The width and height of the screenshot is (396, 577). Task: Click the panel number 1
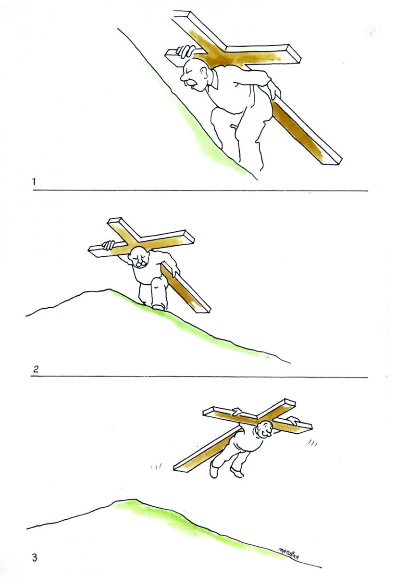(x=34, y=182)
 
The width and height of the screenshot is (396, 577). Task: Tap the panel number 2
(x=36, y=369)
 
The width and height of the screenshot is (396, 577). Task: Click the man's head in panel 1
(x=194, y=74)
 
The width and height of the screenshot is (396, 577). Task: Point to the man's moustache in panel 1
(x=190, y=82)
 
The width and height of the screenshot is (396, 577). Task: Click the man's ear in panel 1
(x=204, y=72)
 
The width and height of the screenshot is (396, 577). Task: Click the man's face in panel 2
(x=140, y=258)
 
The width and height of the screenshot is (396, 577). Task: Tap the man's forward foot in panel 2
(x=158, y=307)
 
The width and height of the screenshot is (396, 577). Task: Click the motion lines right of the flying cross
(x=312, y=443)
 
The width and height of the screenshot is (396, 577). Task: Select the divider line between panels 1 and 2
(x=200, y=190)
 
